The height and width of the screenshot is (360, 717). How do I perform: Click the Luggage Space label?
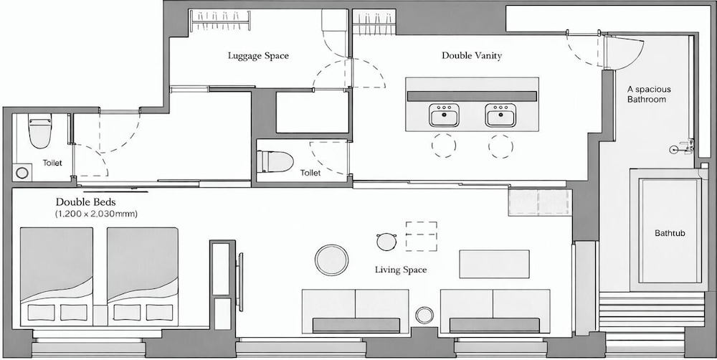point(258,56)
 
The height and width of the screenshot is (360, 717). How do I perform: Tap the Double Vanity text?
point(472,55)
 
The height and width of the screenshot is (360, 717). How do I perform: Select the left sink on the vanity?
point(444,115)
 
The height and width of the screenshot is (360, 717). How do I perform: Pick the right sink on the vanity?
point(500,115)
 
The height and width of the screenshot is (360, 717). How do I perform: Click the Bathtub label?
point(670,233)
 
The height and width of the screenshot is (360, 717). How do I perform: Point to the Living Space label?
point(401,270)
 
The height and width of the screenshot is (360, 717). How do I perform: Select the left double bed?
point(57,276)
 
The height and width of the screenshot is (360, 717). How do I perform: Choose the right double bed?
point(142,276)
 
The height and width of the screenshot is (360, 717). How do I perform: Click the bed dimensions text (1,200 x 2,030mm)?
point(97,214)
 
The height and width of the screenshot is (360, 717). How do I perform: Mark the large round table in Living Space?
point(331,260)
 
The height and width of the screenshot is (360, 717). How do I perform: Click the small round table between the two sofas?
point(424,315)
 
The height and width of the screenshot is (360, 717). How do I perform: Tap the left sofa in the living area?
point(356,311)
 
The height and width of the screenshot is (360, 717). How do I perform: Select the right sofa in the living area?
point(495,311)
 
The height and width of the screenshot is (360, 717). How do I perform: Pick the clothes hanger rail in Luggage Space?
point(220,21)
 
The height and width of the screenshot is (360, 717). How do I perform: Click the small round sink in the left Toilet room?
point(22,172)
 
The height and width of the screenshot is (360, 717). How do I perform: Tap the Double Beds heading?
point(86,202)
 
